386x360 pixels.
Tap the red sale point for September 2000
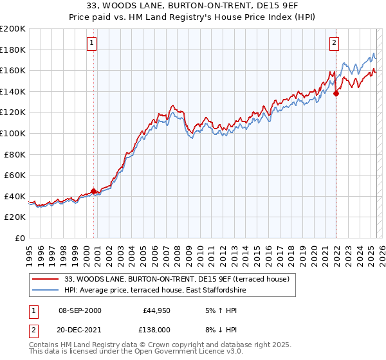tap(93, 191)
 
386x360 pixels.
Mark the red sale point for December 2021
tap(336, 93)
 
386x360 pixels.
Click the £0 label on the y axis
tap(19, 238)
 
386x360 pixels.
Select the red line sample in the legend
tap(45, 279)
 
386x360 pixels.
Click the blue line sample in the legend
tap(45, 290)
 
